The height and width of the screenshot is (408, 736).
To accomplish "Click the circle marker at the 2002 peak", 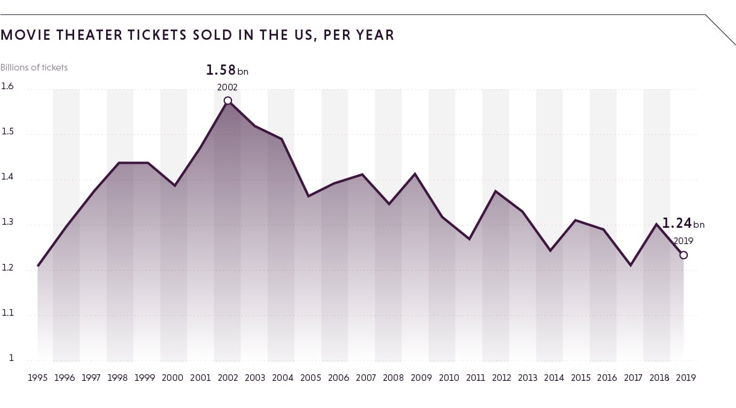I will coord(228,101).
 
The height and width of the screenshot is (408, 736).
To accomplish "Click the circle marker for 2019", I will coord(684,255).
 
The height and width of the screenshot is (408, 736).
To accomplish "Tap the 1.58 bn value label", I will coord(227,70).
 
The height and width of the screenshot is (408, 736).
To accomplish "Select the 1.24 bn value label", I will coord(683,224).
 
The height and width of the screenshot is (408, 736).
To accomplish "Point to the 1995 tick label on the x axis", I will coord(37,378).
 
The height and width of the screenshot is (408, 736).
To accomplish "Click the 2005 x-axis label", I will coord(310,378).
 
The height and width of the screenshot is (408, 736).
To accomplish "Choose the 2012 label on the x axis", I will coord(502,378).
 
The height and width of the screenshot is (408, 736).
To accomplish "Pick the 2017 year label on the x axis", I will coord(633,378).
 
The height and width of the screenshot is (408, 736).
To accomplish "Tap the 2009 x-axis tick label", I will coord(421,378).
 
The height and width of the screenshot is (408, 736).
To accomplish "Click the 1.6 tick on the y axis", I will coord(7,86).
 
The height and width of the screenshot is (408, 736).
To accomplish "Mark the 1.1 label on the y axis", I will coord(7,313).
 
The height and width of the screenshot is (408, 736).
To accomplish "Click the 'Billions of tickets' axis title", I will coord(34,67).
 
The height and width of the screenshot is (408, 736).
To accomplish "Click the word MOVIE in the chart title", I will coord(26,35).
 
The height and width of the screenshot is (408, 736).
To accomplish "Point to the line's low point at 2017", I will coord(631,265).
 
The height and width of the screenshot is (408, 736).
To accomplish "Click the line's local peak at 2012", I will coord(495,191).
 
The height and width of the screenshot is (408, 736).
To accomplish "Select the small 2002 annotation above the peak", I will coord(227,87).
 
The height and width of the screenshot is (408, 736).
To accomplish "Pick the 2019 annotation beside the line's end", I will coord(684,241).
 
